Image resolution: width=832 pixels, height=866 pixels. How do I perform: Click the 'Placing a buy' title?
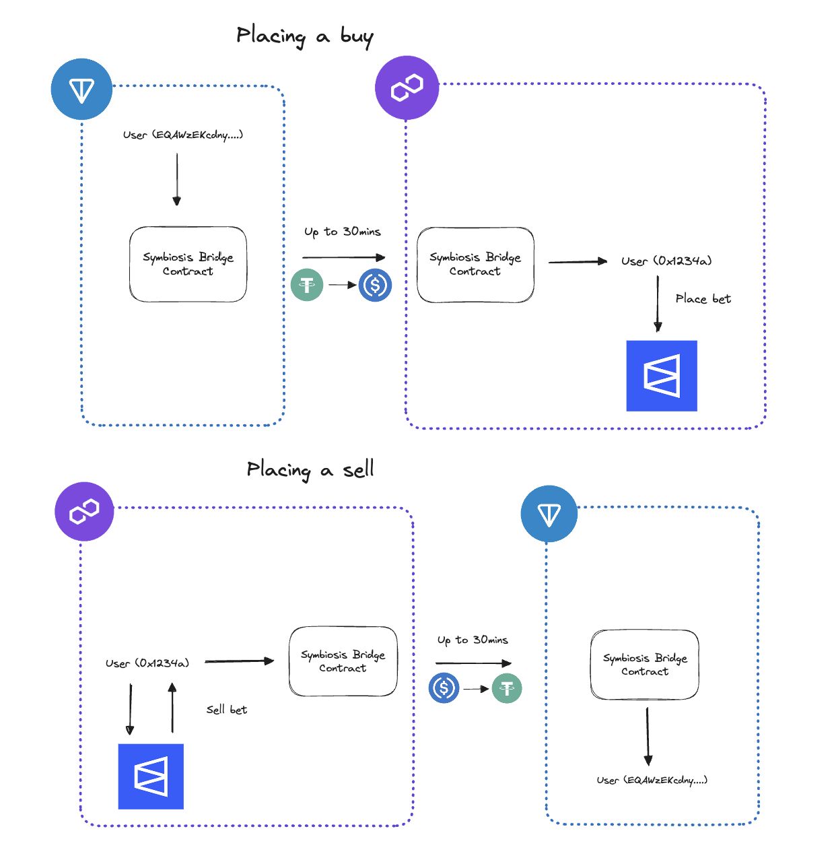coord(304,36)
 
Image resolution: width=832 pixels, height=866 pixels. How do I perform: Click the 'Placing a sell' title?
coord(310,469)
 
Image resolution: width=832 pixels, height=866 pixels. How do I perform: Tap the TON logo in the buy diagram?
coord(81,89)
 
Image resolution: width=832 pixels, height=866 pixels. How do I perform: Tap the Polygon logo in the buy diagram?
coord(407,88)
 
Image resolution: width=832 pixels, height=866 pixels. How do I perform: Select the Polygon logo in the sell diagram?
coord(84,511)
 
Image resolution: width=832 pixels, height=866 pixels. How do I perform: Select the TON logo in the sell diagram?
coord(549,514)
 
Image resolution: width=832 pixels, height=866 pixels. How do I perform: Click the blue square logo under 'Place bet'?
coord(661,376)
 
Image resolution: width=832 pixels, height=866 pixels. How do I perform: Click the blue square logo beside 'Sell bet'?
coord(151,776)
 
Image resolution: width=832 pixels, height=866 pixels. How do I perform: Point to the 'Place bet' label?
coord(703,298)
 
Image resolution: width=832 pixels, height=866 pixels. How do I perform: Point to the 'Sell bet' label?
coord(226,709)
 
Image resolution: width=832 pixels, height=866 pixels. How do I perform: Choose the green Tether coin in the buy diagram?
coord(306,285)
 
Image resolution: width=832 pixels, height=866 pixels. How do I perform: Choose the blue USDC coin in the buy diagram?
coord(375,286)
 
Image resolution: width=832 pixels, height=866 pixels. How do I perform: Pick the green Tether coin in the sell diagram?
coord(507,688)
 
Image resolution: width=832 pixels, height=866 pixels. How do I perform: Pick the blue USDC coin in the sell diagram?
coord(444,688)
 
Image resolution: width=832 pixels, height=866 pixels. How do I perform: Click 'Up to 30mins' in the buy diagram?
coord(342,232)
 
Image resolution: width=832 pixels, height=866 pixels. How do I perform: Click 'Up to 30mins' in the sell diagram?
coord(472,640)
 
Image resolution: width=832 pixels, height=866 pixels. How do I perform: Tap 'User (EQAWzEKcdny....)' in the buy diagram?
coord(183,135)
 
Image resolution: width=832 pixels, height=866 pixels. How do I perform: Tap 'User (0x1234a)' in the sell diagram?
coord(147,663)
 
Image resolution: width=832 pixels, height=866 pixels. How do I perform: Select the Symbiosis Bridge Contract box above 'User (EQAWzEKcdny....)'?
coord(644,665)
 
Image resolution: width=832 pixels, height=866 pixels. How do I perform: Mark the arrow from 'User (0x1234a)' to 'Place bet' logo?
coord(658,304)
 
